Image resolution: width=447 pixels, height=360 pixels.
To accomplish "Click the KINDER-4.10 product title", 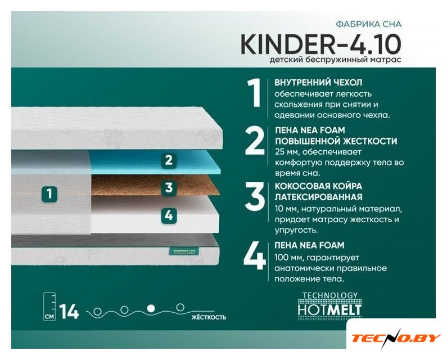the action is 321,44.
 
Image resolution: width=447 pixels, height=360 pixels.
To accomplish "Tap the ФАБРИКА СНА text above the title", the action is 369,24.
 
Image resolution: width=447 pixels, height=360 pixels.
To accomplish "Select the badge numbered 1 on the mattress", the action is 49,193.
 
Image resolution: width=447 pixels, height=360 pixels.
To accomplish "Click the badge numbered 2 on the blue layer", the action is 169,160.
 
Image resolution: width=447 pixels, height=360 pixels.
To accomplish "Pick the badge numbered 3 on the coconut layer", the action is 169,187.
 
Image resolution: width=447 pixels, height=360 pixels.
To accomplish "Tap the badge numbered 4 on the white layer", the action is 169,215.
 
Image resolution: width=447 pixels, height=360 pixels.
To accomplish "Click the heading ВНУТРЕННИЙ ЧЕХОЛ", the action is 318,83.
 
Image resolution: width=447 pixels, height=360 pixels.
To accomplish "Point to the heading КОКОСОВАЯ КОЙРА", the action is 318,186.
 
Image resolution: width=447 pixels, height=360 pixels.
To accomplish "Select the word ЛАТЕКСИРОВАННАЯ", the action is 319,197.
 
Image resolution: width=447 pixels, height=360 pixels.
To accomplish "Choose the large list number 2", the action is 254,141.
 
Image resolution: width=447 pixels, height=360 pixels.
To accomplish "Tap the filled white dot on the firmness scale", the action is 151,308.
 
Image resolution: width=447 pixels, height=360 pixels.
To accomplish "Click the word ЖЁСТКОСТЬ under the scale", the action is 209,317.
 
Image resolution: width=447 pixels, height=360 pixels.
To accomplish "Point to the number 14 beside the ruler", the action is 69,312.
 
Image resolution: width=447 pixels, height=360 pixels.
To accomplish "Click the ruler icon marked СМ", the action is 49,307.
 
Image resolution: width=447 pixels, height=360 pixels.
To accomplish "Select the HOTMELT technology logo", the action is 329,305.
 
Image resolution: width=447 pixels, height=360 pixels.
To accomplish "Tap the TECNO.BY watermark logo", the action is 396,337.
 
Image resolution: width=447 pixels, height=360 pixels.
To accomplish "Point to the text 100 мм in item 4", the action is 287,258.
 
